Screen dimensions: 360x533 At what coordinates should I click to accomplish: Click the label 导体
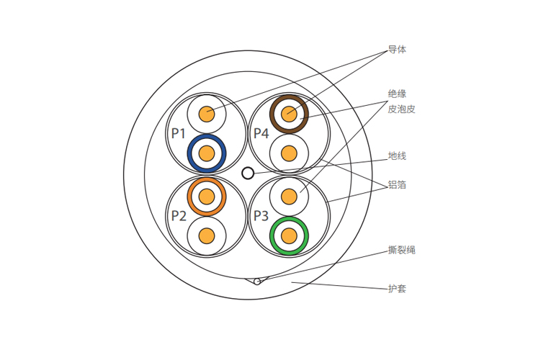(398, 50)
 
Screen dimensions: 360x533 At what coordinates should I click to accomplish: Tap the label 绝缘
(398, 94)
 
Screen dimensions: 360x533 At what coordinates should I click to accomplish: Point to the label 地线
(398, 156)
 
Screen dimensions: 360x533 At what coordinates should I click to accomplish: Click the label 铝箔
(398, 185)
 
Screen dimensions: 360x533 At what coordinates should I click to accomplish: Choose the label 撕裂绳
(402, 251)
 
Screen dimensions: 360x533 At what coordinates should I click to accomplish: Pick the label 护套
(398, 289)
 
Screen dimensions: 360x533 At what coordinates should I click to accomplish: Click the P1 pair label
(179, 133)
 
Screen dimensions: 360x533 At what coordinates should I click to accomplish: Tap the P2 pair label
(179, 215)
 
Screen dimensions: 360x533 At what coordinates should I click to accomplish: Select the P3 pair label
(260, 215)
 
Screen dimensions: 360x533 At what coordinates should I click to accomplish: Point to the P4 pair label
(261, 133)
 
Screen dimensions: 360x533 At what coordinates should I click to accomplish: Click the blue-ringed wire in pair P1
(207, 153)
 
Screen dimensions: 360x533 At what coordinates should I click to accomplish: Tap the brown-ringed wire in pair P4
(289, 112)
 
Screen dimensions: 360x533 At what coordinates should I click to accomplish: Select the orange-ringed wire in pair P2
(207, 195)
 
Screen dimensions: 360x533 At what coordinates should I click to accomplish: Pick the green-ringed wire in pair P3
(289, 235)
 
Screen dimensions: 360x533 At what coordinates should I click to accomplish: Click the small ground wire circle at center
(248, 173)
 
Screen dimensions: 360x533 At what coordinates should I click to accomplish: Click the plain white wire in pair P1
(207, 112)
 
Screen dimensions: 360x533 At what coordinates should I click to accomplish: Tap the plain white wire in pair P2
(207, 235)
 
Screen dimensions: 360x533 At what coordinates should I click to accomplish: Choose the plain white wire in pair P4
(289, 153)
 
